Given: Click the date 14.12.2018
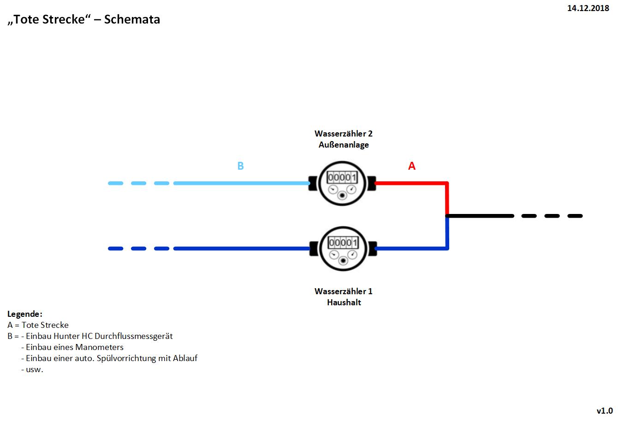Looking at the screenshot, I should [588, 8].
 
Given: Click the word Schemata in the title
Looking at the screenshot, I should [132, 19].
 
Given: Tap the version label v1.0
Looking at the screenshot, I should [605, 410].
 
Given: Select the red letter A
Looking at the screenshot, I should [412, 166].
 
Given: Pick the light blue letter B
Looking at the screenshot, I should [240, 166].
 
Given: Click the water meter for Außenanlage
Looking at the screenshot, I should [343, 183].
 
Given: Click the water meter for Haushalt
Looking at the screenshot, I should [343, 248].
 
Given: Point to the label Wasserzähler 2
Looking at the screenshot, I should [343, 134].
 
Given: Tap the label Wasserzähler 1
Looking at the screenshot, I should [343, 291].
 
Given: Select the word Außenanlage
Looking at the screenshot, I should [344, 145].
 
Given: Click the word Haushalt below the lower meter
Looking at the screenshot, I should [344, 302].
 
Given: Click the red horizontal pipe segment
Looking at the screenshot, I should [410, 183].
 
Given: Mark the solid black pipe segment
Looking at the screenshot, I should [480, 216].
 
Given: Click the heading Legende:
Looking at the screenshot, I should [25, 314].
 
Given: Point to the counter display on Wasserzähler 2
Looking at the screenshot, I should [342, 177].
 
